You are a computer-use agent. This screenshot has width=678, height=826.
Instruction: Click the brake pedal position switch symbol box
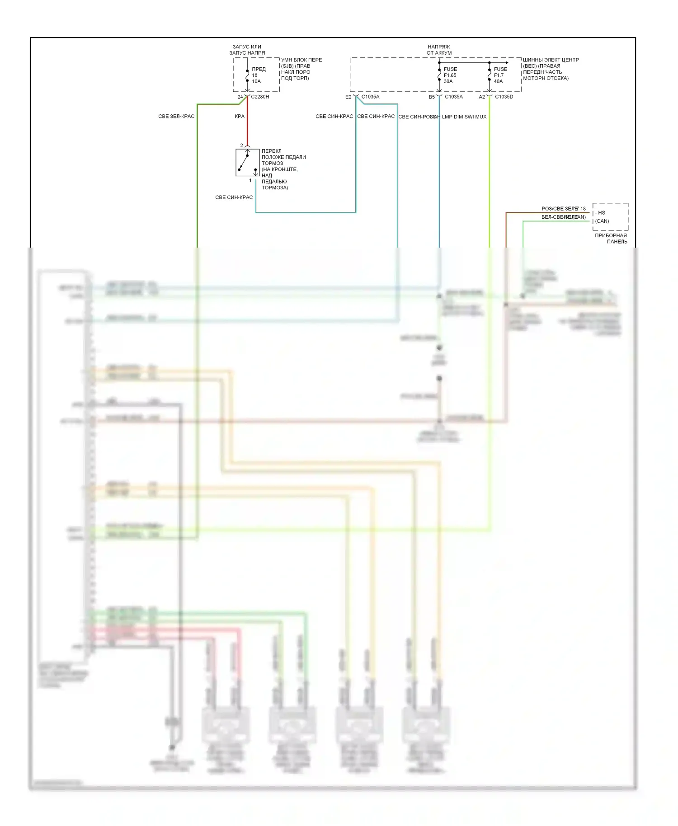[x=247, y=162]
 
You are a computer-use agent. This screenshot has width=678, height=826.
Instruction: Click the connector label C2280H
[x=260, y=97]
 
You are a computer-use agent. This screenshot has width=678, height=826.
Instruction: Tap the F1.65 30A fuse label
[x=450, y=75]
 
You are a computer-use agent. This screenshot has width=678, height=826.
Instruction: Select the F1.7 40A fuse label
[x=500, y=75]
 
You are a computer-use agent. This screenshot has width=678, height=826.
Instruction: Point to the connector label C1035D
[x=504, y=97]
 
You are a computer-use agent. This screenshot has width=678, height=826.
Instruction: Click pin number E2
[x=348, y=97]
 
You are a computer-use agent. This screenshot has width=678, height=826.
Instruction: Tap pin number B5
[x=432, y=97]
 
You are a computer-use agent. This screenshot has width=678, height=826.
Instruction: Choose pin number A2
[x=482, y=97]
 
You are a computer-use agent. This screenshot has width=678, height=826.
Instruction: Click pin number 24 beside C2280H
[x=240, y=97]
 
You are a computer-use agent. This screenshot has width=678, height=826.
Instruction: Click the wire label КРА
[x=240, y=117]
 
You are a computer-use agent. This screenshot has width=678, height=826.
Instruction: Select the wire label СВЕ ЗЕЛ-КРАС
[x=176, y=117]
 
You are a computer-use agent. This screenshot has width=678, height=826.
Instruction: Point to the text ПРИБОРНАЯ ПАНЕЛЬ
[x=611, y=238]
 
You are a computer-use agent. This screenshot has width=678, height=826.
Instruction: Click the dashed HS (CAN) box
[x=610, y=216]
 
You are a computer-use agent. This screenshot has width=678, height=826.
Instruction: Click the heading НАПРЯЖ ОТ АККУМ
[x=439, y=50]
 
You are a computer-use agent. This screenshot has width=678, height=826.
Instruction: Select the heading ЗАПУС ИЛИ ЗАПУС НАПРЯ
[x=247, y=50]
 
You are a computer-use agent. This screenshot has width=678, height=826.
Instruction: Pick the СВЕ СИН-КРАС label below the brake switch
[x=234, y=197]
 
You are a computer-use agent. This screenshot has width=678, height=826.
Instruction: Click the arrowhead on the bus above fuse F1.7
[x=507, y=63]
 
